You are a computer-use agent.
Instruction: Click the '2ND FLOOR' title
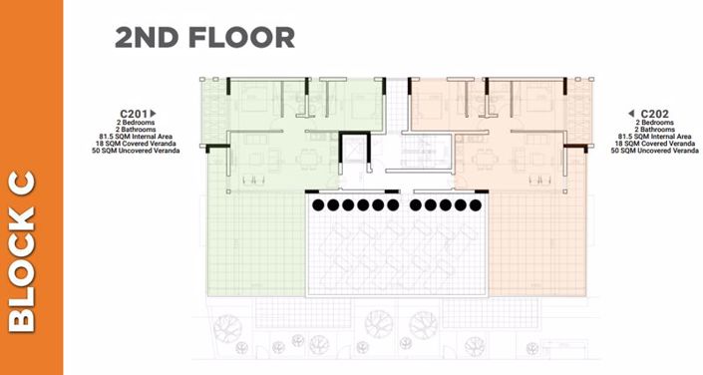(x=204, y=37)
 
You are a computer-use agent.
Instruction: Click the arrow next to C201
(x=155, y=114)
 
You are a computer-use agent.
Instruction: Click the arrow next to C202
(x=631, y=114)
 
